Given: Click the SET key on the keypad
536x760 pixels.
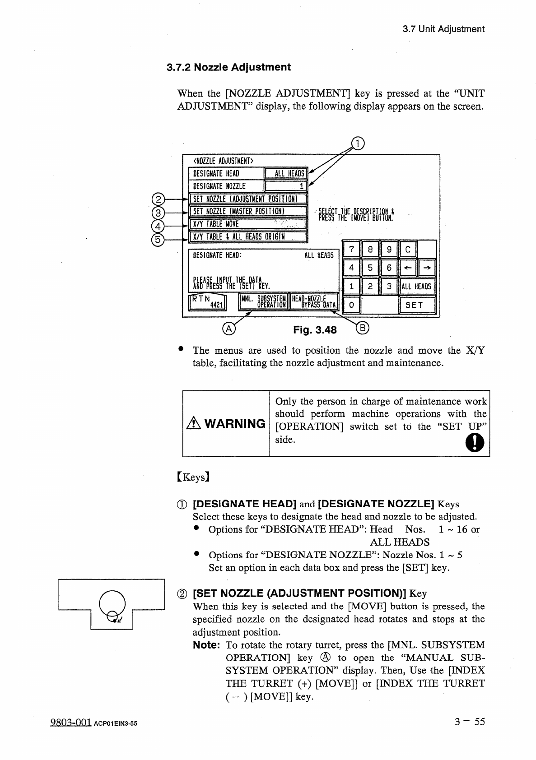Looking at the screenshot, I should click(417, 305).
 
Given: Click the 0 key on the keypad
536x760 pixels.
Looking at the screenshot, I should click(351, 305).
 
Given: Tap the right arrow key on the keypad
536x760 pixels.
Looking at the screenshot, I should click(427, 268).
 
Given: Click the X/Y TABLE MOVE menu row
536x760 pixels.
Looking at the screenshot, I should click(247, 224).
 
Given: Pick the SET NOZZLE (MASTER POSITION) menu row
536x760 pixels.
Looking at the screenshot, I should click(247, 212).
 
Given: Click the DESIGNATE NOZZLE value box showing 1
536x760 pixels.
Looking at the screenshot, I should click(286, 186).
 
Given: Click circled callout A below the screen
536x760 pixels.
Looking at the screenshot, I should click(229, 329).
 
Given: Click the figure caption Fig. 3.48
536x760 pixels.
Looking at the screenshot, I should click(315, 330).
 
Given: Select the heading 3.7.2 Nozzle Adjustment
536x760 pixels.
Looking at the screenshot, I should click(229, 68).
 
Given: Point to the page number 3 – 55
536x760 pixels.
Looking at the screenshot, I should click(470, 721).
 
